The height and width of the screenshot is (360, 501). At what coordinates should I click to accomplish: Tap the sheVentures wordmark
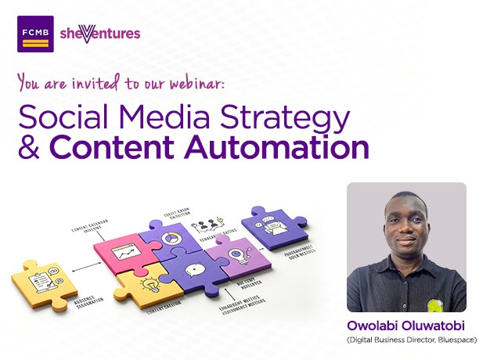coord(99,33)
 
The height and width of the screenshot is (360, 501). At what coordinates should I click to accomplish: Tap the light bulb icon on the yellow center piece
coord(150,284)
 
